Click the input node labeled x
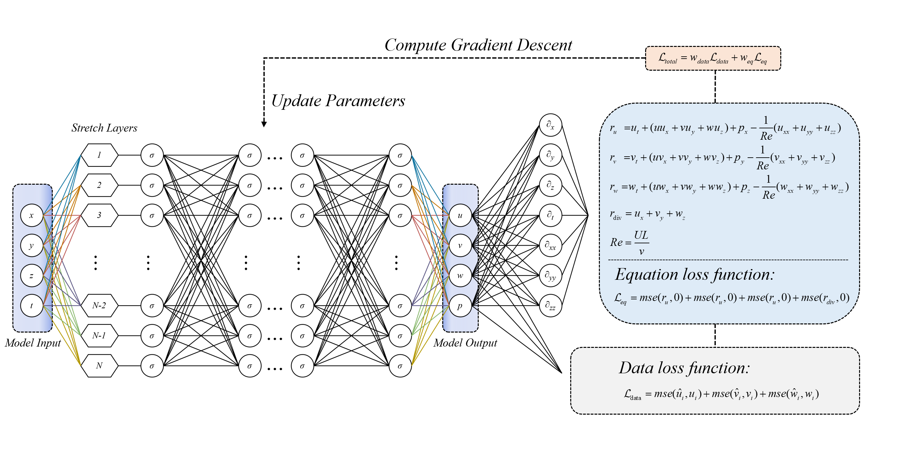[32, 215]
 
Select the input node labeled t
[32, 306]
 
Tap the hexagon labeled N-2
[99, 306]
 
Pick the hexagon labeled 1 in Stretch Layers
[99, 155]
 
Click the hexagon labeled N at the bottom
[99, 366]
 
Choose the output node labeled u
[460, 215]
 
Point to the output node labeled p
[460, 306]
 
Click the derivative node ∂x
[550, 125]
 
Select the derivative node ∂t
[550, 215]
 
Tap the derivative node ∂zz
[550, 306]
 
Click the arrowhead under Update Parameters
[264, 124]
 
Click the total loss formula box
[713, 58]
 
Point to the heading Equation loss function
[695, 274]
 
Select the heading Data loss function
[684, 368]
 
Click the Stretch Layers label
[104, 128]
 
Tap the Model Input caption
[33, 343]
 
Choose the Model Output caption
[465, 343]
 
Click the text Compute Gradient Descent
[478, 45]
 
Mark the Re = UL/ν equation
[629, 242]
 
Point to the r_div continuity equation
[647, 214]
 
